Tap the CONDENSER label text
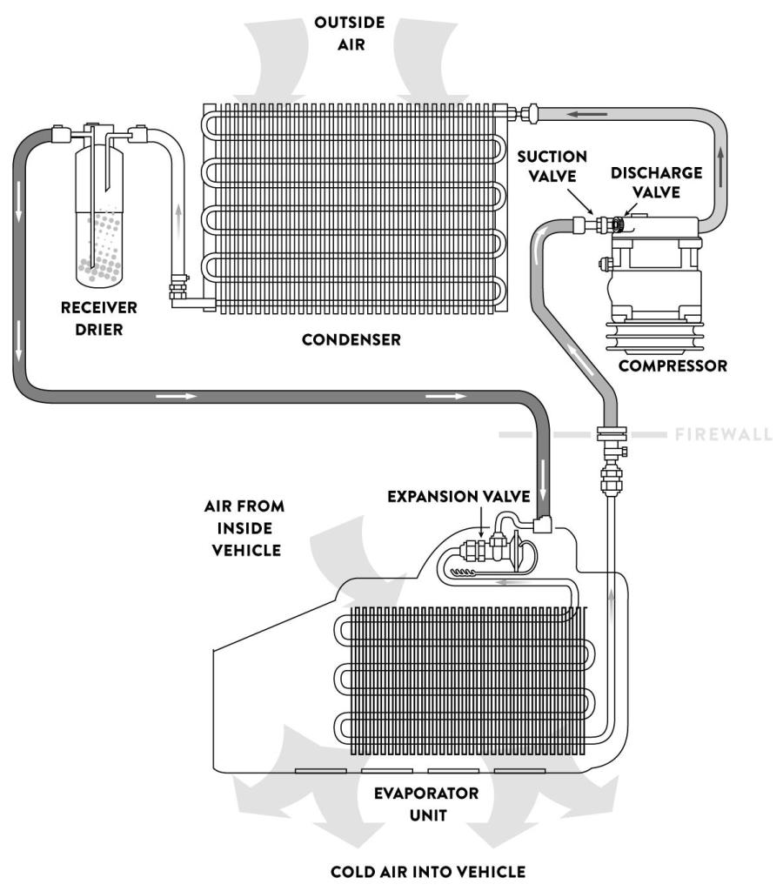[x=351, y=340]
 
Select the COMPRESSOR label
[x=673, y=366]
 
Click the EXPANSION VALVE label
[x=458, y=496]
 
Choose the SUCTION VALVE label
[x=552, y=166]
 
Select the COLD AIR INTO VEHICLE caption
[x=427, y=871]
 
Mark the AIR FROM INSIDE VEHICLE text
[x=244, y=527]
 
